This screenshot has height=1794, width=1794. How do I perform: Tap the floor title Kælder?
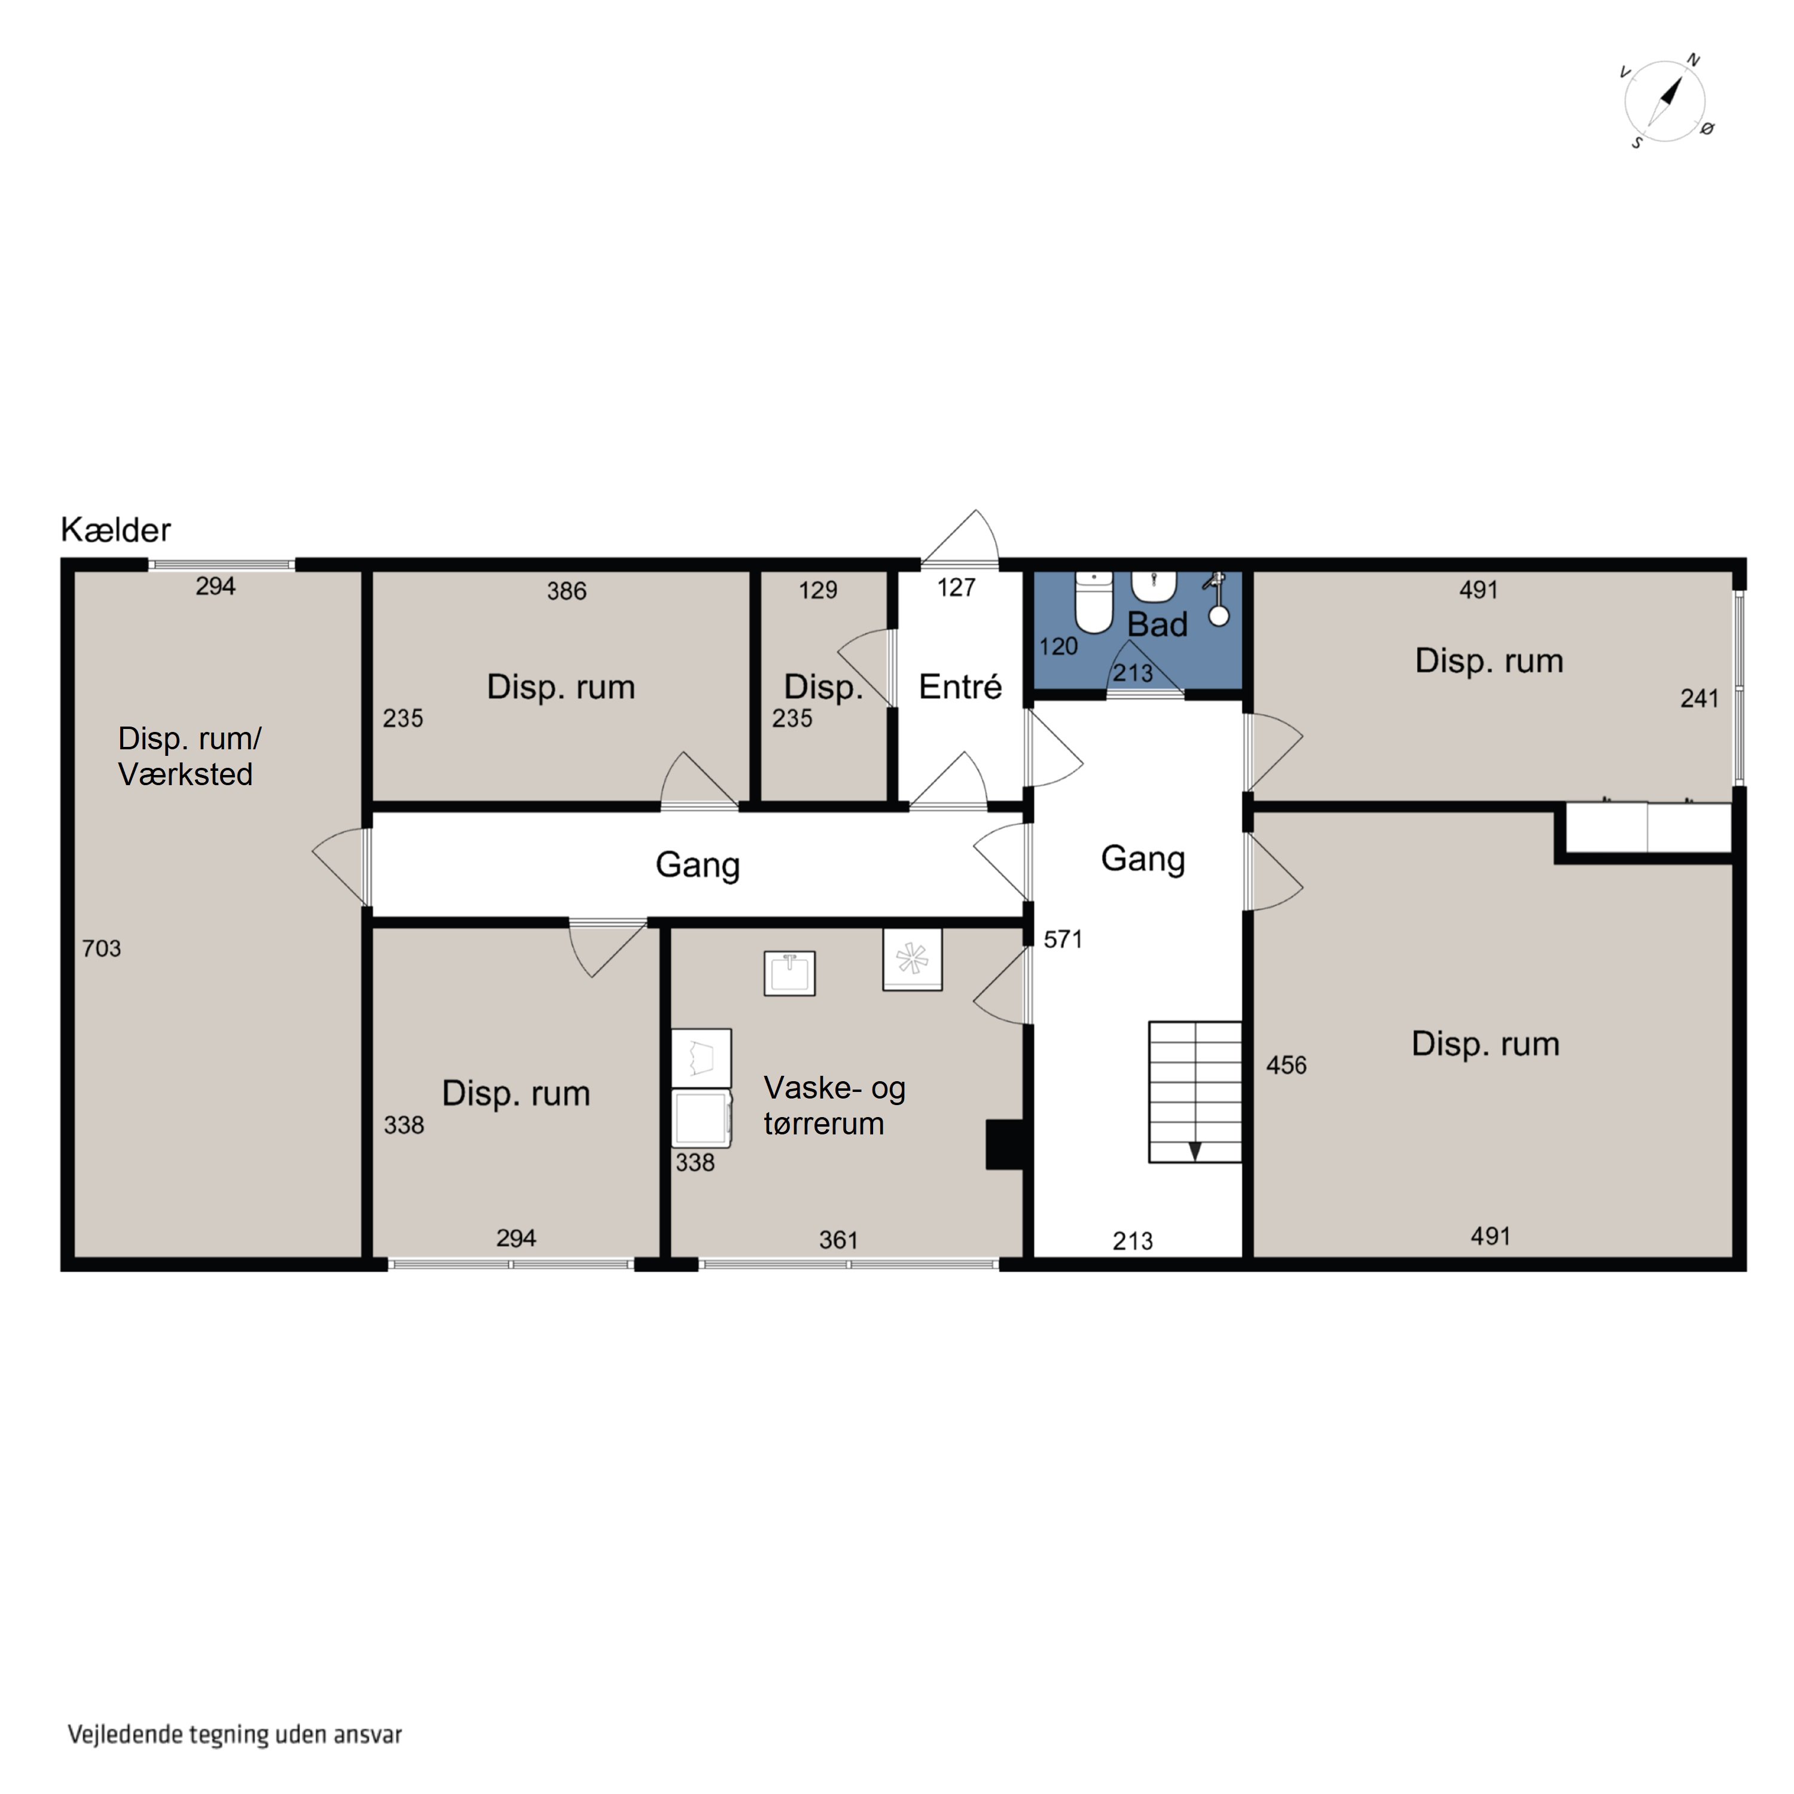coord(116,530)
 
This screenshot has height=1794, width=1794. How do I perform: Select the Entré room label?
coord(960,687)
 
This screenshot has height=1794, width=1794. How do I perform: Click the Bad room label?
coord(1157,625)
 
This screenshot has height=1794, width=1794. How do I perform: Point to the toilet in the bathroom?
coord(1094,603)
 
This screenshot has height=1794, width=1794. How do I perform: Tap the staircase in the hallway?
coord(1195,1092)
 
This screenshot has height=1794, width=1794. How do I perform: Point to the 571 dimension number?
coord(1063,939)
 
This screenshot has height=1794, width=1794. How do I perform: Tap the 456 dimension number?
coord(1286,1065)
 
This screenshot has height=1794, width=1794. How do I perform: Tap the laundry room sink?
coord(789,973)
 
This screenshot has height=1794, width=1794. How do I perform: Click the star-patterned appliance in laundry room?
coord(912,959)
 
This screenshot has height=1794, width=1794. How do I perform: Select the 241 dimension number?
coord(1700,698)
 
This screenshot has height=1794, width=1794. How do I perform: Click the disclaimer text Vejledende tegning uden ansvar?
coord(235,1735)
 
